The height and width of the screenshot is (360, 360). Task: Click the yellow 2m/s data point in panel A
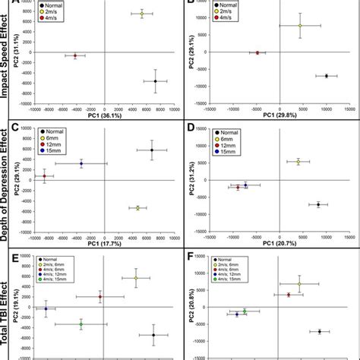click(141, 14)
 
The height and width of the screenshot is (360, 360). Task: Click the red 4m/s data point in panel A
click(74, 55)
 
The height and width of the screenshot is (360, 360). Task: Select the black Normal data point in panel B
click(326, 76)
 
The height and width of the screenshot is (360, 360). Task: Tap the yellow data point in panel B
click(299, 26)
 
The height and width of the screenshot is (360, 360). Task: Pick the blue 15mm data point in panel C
click(81, 163)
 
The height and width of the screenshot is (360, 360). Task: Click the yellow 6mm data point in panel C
click(137, 207)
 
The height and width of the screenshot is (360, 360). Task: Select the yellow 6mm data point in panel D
click(298, 162)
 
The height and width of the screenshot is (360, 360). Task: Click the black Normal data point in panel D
click(318, 204)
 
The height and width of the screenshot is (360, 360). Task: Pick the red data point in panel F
click(288, 295)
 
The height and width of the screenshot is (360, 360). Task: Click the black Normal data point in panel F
click(320, 332)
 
